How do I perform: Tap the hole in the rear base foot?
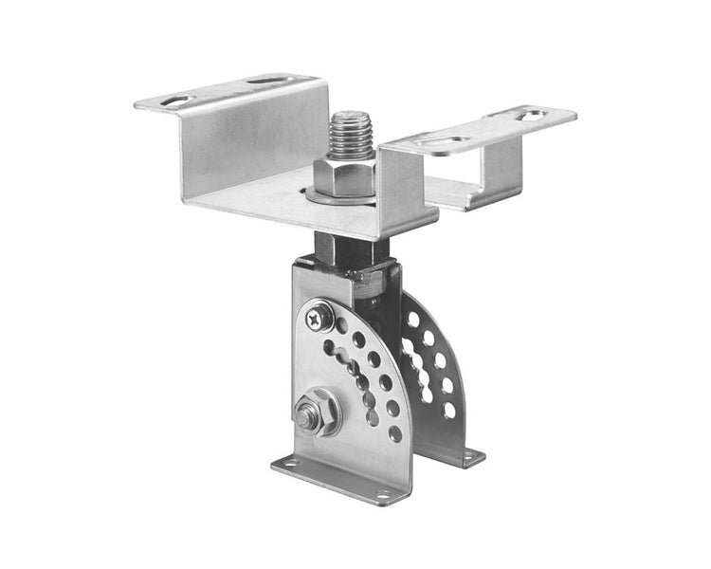coord(469,458)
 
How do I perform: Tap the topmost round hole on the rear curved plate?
coord(413,319)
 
